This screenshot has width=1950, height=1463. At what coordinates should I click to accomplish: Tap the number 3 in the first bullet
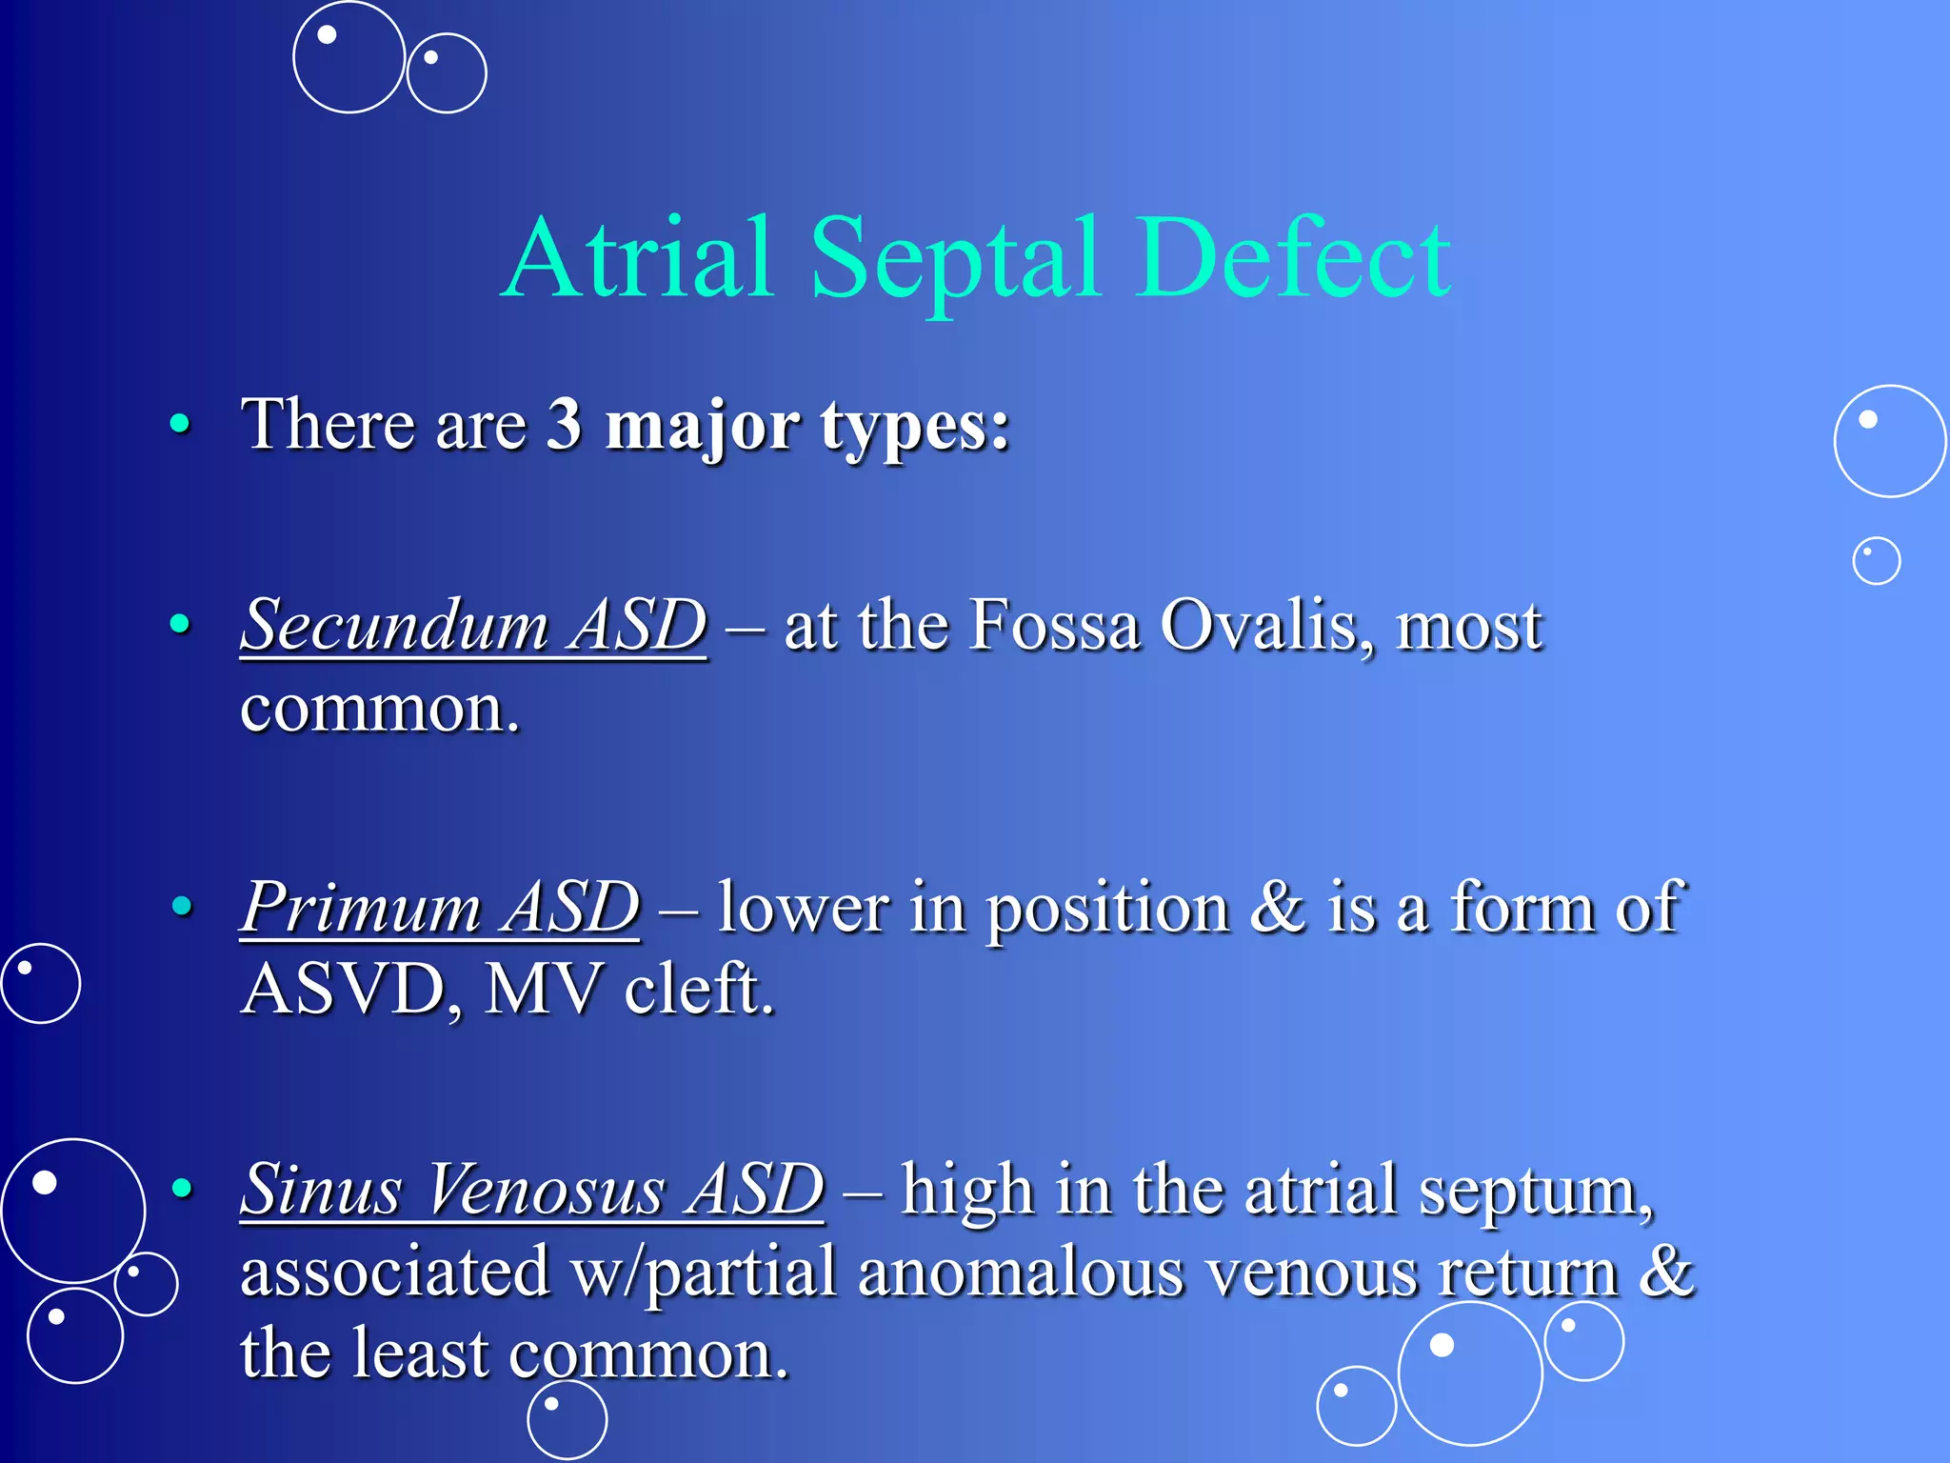tap(564, 424)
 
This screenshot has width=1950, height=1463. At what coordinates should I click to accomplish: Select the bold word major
tap(703, 426)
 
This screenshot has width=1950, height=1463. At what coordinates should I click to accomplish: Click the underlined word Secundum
tap(396, 626)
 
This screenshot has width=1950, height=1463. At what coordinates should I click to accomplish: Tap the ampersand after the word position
tap(1277, 907)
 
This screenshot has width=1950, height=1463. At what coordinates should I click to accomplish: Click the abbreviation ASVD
tap(343, 990)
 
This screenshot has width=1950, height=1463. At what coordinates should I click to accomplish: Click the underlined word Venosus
tap(546, 1190)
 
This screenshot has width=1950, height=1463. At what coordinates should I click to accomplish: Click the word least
tap(420, 1353)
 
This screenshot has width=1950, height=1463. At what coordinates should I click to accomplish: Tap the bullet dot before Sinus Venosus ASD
tap(181, 1188)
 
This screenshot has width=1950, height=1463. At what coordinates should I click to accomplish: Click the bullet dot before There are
tap(179, 424)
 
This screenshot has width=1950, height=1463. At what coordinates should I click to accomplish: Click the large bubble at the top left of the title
tap(348, 57)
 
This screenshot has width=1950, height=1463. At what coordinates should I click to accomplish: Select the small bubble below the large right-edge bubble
tap(1876, 561)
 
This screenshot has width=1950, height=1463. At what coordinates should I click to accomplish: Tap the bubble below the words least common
tap(567, 1419)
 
